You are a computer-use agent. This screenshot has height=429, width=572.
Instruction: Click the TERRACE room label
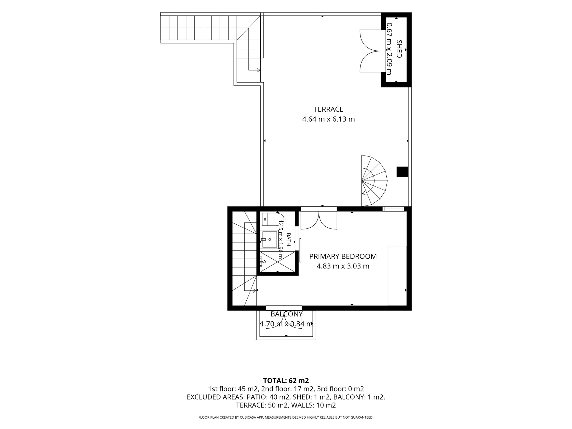click(x=328, y=109)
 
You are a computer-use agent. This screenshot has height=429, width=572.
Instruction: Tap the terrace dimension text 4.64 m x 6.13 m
click(x=328, y=119)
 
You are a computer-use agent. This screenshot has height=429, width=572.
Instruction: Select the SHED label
click(x=399, y=49)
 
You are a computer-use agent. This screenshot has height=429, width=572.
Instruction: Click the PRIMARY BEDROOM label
click(x=343, y=256)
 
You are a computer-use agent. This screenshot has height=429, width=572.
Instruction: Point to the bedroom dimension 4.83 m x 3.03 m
click(x=343, y=266)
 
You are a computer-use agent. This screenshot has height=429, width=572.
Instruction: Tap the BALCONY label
click(x=286, y=314)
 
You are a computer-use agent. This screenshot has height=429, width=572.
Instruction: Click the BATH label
click(x=288, y=240)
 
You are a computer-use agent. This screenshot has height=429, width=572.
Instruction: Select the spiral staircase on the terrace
click(x=374, y=181)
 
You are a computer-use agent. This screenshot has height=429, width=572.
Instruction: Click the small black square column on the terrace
click(x=402, y=172)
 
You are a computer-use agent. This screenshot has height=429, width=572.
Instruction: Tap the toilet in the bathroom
click(x=272, y=219)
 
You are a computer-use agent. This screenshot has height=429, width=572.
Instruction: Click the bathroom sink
click(x=270, y=240)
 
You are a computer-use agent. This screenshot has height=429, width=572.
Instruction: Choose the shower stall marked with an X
click(x=278, y=262)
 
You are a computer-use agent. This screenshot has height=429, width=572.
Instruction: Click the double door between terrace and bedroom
click(x=319, y=218)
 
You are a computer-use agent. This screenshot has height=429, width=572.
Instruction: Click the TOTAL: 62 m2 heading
click(x=286, y=380)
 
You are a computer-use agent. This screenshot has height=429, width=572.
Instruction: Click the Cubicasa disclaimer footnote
click(x=286, y=417)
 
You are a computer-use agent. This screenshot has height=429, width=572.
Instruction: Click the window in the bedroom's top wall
click(x=393, y=209)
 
